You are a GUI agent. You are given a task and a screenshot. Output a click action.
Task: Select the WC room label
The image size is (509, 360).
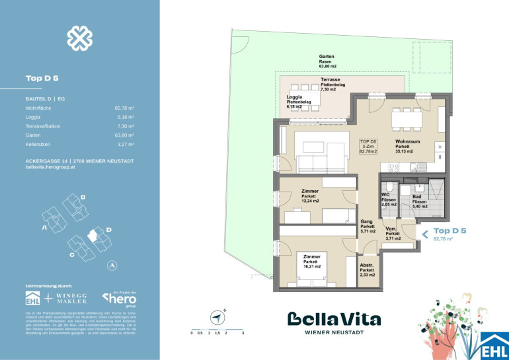coord(389,199)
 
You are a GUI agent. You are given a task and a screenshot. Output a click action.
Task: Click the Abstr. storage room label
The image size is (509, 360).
coord(368,270)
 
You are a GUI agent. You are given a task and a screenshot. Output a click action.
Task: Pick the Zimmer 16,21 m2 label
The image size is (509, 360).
coord(312,262)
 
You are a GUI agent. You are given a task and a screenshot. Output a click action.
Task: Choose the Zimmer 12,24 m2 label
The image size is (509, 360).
coord(310,197)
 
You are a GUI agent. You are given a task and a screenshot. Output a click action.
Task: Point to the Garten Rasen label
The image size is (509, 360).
coord(329,61)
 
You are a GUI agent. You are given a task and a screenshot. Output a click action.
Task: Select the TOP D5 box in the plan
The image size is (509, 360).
coord(368,146)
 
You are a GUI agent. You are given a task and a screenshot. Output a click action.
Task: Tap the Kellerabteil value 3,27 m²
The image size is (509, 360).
coord(125,143)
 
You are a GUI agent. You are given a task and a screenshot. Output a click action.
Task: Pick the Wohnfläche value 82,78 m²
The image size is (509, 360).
coord(124,106)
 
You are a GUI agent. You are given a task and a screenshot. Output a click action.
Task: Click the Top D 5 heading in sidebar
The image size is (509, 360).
coord(42,78)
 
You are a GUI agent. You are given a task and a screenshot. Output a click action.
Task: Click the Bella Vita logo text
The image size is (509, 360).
coord(334,319)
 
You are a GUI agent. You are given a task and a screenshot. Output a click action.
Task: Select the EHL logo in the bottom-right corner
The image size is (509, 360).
coord(495,345)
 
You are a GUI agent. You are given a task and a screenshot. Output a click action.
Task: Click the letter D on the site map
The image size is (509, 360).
coord(109,229)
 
